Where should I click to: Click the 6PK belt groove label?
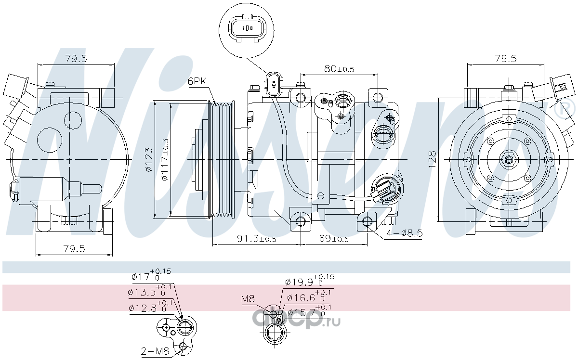coord(197,81)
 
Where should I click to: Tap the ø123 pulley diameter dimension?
coord(149,159)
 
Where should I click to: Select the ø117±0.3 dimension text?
coord(165,159)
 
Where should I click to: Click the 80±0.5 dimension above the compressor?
coord(339,69)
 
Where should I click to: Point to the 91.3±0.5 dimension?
coord(256,239)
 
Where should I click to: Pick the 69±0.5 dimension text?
coord(334,239)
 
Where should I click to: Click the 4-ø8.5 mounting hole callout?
coord(404,233)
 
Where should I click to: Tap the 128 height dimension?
coord(432,159)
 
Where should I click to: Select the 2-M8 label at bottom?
coord(155,351)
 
